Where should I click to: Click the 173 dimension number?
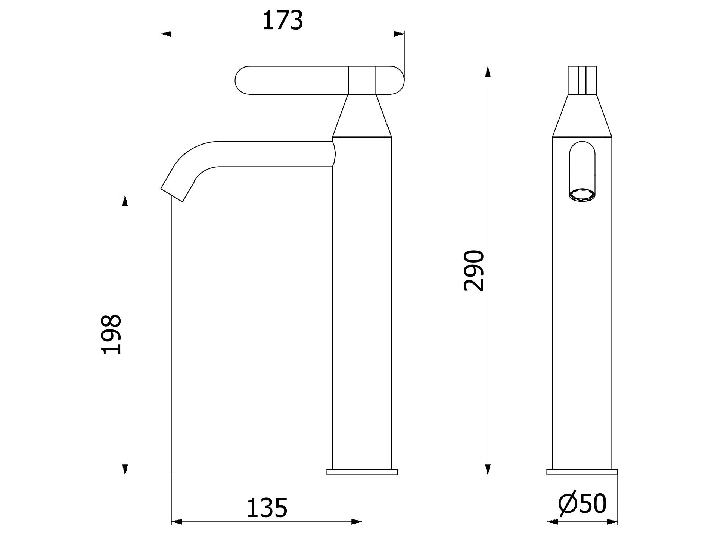coord(283,21)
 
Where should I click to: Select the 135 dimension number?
coord(267,508)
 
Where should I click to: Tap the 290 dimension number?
coord(473,270)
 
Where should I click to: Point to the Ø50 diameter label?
coord(582,504)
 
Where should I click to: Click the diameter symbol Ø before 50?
coord(568,505)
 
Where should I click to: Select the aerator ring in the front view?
coord(582,195)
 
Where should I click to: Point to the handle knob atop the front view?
coord(582,80)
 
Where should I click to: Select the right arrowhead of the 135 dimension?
coord(357,522)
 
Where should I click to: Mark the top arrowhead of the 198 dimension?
coord(125,200)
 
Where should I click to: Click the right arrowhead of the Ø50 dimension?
coord(612,522)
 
